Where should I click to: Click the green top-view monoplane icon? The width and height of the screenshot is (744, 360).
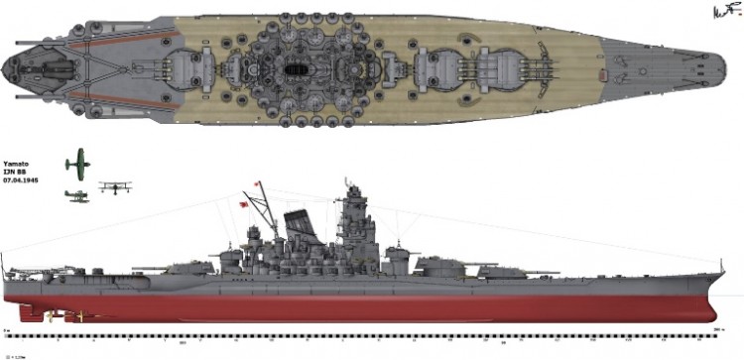click(77, 163)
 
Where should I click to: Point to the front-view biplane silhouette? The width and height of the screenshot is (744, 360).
click(115, 185)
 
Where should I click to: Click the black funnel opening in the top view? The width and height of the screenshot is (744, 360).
click(297, 70)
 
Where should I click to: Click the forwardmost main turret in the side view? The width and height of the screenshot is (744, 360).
click(436, 264)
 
